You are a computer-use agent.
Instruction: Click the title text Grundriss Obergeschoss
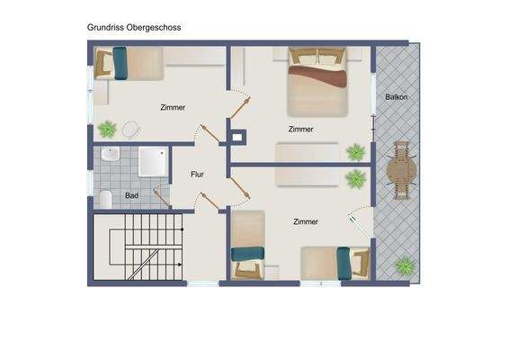[134, 28]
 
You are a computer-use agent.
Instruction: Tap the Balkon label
[397, 95]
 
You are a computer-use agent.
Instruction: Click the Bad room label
[132, 195]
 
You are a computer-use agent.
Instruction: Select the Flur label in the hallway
[198, 175]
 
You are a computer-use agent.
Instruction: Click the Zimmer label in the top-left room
[173, 107]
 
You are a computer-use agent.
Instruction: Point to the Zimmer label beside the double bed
[301, 129]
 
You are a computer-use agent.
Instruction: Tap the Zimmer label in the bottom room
[306, 220]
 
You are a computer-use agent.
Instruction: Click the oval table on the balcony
[401, 169]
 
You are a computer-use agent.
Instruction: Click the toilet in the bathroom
[105, 198]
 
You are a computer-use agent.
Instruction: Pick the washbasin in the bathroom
[110, 155]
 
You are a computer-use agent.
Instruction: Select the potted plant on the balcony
[405, 266]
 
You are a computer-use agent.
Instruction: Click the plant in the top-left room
[107, 128]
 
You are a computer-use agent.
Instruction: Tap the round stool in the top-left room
[131, 129]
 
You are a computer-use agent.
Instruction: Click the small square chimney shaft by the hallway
[237, 137]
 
